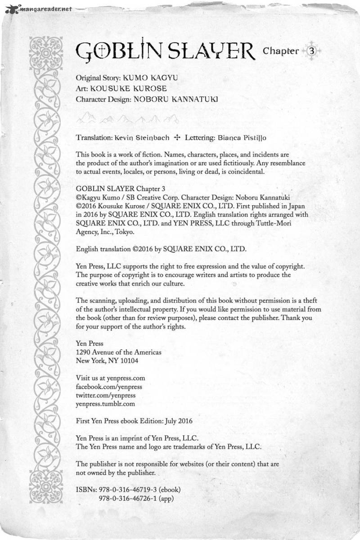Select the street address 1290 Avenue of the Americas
click(119, 352)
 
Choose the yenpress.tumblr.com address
click(106, 404)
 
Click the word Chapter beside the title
click(281, 51)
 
